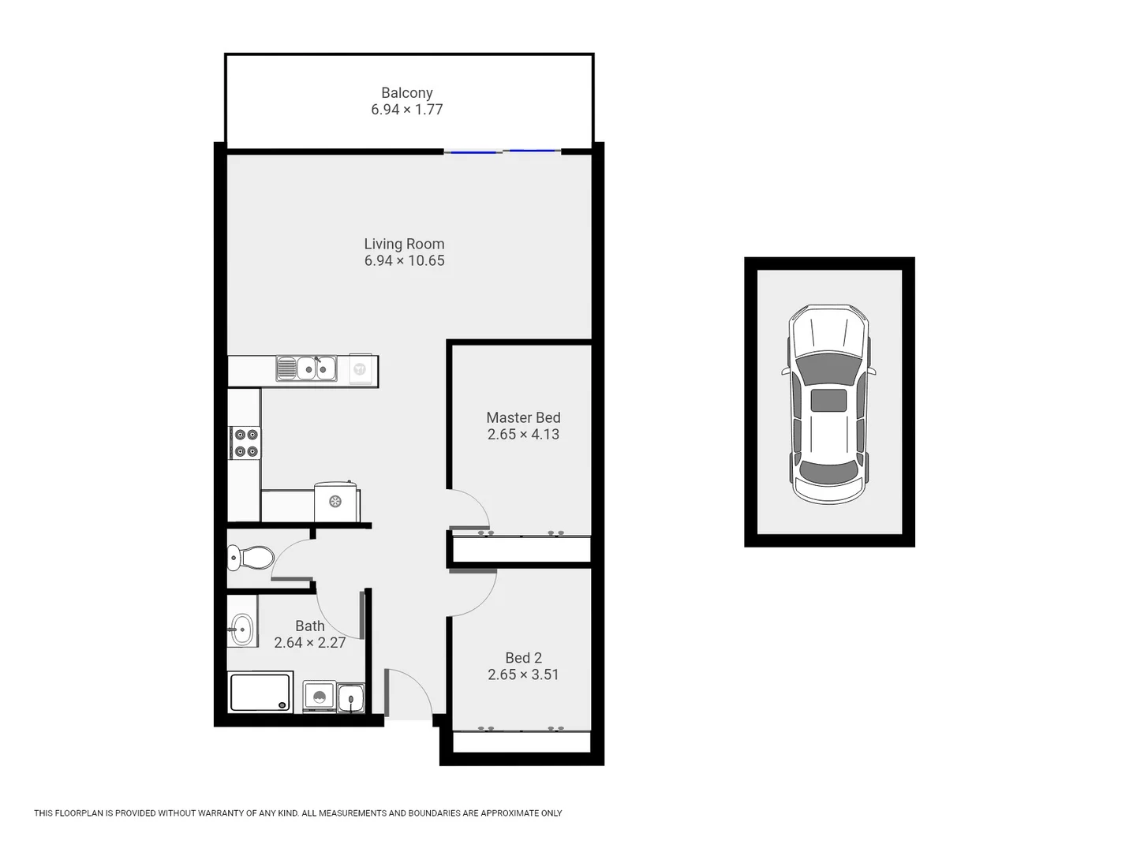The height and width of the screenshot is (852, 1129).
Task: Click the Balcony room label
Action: [406, 92]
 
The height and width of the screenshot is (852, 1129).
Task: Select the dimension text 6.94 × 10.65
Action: [404, 261]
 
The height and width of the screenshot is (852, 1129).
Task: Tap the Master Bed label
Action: [523, 417]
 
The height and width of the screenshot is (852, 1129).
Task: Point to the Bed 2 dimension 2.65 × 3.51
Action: [523, 674]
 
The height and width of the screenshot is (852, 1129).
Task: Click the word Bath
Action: [309, 626]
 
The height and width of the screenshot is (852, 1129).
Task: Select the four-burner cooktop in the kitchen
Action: [245, 443]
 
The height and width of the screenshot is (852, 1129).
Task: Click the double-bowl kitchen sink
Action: [306, 368]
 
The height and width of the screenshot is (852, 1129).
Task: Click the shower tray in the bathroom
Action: [260, 692]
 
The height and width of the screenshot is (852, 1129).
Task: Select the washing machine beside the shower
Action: [320, 697]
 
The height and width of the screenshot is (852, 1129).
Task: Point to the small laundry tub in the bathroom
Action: [350, 697]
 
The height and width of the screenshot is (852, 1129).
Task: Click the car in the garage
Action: [828, 403]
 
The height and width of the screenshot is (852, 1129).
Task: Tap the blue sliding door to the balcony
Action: [503, 151]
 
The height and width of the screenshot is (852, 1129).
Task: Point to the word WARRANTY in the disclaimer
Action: [219, 813]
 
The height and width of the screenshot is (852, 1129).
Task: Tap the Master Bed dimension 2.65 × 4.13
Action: [523, 435]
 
